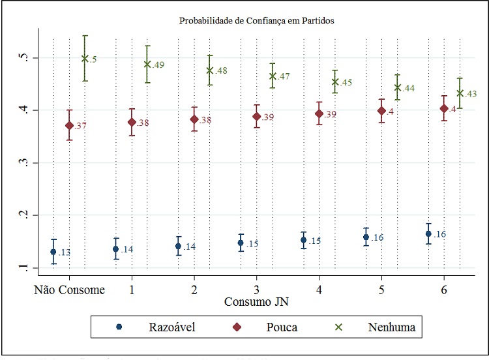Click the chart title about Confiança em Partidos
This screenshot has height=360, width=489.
click(256, 21)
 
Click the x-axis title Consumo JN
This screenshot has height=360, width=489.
click(256, 302)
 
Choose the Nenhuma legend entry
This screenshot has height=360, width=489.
click(392, 326)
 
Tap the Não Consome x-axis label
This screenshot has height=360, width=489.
click(69, 290)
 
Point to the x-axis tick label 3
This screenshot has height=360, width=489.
click(257, 290)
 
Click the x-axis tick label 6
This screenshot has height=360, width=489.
click(444, 290)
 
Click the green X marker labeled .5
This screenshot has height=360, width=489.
click(85, 58)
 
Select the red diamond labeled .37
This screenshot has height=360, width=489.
click(69, 125)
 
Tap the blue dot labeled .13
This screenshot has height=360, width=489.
click(53, 252)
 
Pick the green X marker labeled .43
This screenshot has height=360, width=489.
click(460, 93)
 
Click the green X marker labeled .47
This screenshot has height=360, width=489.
click(273, 76)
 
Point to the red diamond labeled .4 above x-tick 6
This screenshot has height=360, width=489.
click(444, 108)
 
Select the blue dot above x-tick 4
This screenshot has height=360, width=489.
click(303, 240)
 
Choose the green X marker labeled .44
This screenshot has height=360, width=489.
click(397, 87)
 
